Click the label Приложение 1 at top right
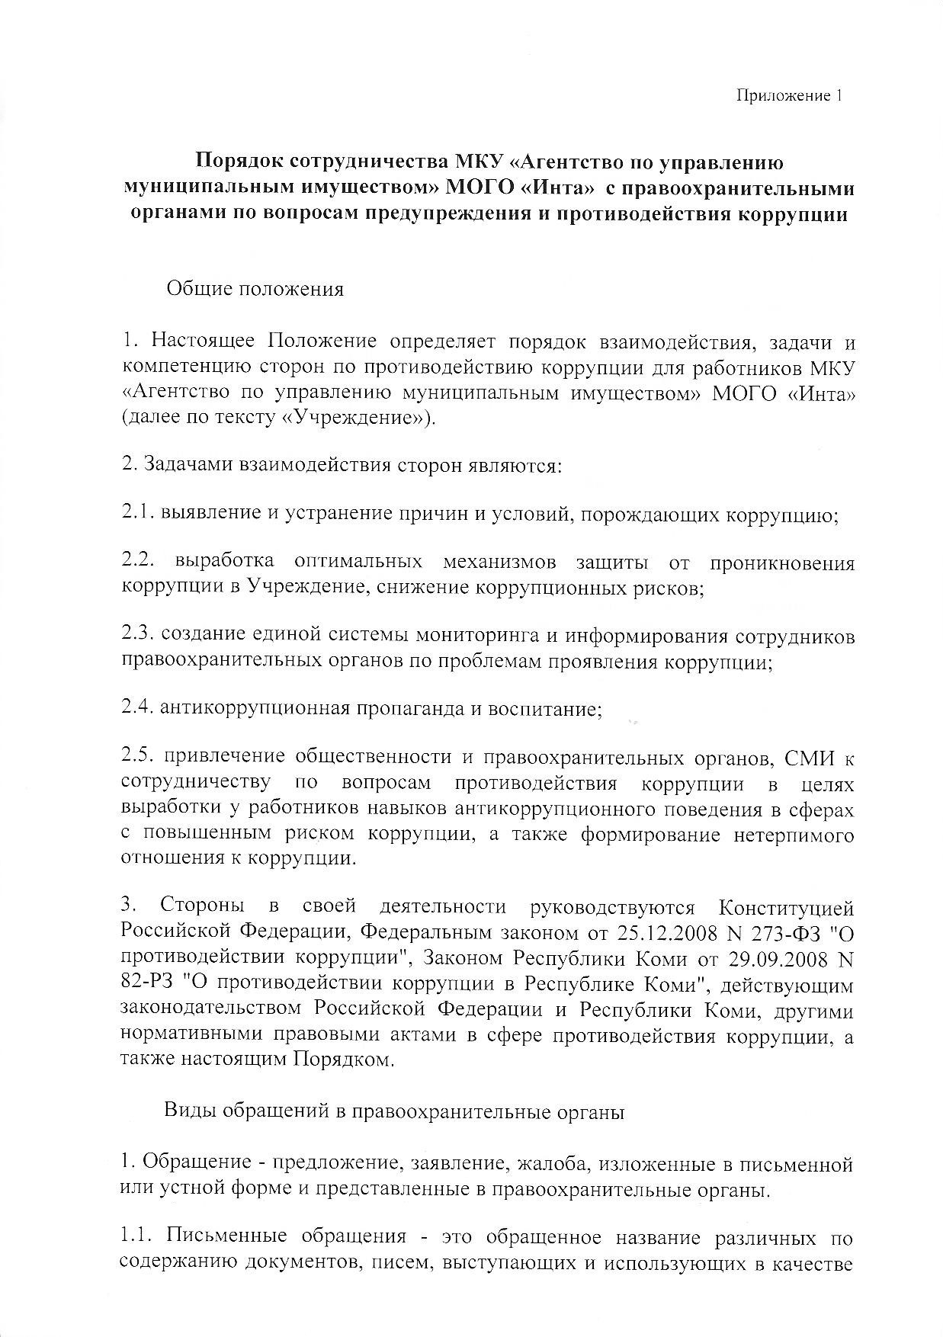point(789,96)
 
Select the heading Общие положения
point(255,290)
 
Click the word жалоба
point(551,1165)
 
